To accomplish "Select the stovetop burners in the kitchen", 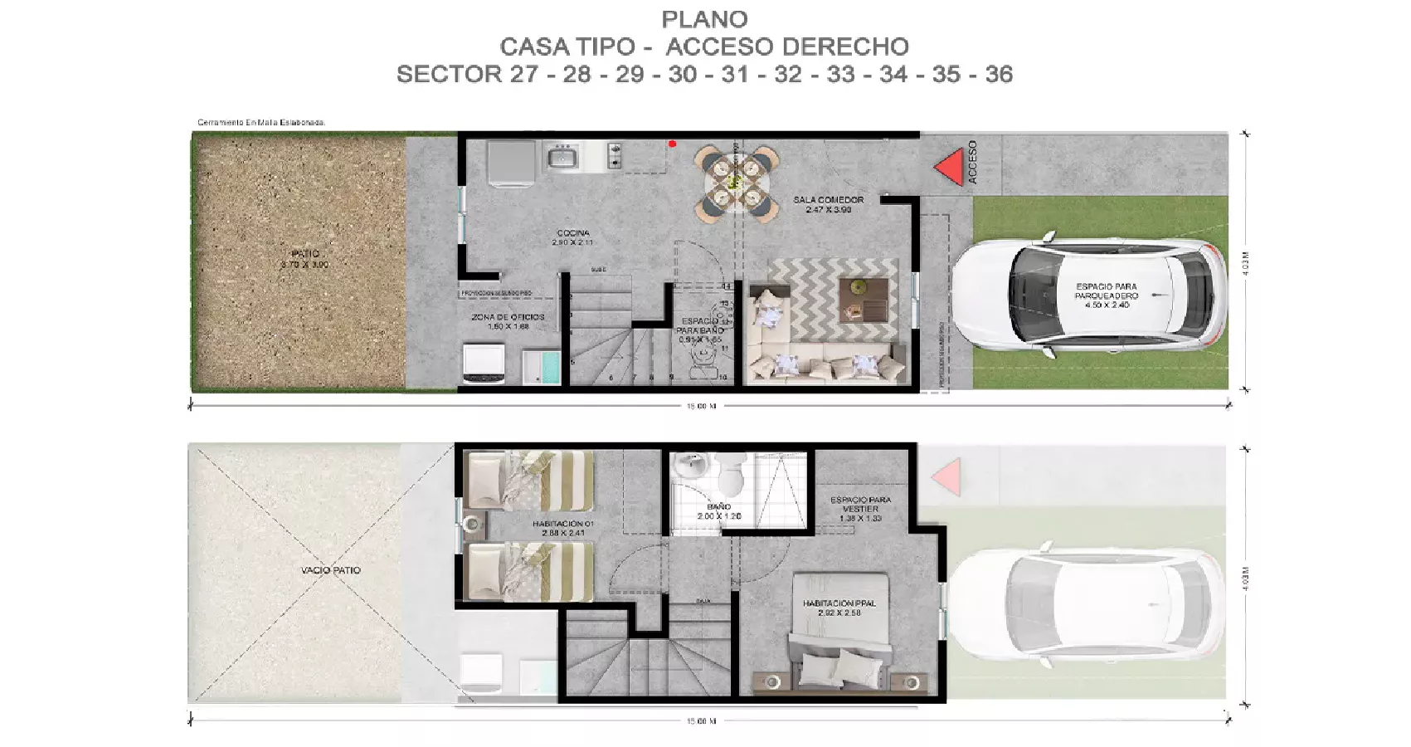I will pos(615,155).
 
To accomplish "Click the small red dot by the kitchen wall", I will pos(672,144).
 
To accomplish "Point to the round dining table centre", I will pos(733,180).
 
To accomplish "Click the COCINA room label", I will pos(573,237).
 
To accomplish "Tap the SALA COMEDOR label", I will pos(828,204).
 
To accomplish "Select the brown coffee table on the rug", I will pos(863,299).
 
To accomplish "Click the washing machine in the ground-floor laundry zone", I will pos(484,365).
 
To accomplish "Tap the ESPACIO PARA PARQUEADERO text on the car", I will pos(1107,295).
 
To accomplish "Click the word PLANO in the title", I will pos(704,19).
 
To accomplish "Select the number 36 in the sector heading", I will pos(999,75).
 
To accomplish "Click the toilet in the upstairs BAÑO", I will pos(730,476).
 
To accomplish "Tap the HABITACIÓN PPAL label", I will pos(839,608).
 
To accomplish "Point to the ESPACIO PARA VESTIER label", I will pos(861,509).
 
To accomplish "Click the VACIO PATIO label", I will pos(330,570).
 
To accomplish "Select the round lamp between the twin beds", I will pos(474,524).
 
